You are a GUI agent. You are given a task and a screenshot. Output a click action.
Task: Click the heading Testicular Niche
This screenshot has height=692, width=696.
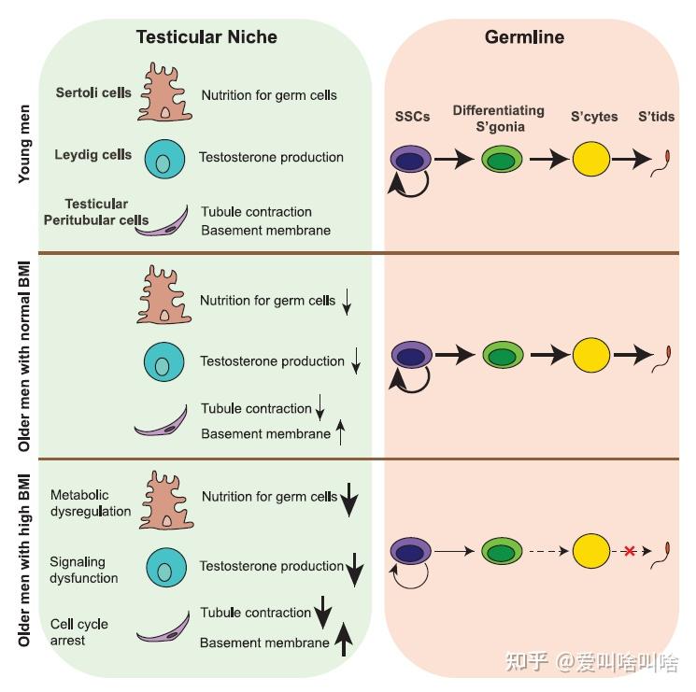point(206,37)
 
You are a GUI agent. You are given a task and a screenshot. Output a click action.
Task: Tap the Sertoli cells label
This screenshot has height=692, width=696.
point(93,93)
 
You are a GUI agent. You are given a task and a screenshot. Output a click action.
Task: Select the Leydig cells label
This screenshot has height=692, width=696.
point(93,155)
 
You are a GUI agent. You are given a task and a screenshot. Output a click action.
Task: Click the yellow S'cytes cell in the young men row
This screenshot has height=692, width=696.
point(591,160)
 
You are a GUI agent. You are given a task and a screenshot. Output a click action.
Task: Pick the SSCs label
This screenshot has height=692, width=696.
point(408,117)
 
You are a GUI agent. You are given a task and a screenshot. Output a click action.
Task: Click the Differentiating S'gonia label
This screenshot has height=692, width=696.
point(498,118)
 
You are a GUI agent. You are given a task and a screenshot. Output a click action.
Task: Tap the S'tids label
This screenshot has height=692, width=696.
point(656,117)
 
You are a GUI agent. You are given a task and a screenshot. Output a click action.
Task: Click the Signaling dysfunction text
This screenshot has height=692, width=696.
point(84,570)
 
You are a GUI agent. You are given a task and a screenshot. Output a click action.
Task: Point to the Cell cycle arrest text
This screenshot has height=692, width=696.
point(79,632)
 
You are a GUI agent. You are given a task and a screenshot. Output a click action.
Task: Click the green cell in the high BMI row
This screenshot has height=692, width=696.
point(502,551)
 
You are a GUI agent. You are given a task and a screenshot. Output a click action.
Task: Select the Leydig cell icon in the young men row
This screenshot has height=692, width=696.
point(164,160)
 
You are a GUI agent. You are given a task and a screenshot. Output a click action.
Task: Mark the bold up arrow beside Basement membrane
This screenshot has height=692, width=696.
point(344,639)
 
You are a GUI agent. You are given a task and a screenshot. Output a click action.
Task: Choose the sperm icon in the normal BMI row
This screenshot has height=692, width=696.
point(668,356)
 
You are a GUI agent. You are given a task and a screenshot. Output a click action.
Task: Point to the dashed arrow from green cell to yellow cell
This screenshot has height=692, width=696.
point(546,551)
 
